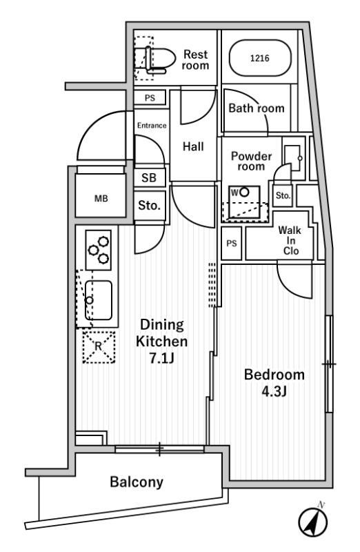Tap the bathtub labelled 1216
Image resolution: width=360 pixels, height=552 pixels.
click(261, 58)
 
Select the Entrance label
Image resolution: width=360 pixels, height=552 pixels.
click(152, 126)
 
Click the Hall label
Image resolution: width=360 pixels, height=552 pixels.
click(193, 146)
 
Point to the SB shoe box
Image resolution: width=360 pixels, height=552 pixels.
click(149, 177)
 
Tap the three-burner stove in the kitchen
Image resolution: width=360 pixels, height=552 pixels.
click(99, 250)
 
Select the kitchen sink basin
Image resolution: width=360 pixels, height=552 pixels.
click(99, 300)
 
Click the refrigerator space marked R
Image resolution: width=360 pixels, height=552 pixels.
click(99, 347)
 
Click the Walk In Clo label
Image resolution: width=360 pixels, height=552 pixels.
click(290, 240)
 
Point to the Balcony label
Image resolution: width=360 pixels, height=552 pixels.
click(137, 482)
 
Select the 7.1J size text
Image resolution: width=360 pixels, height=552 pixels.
click(161, 358)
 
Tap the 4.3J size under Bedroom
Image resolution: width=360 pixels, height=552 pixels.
click(274, 391)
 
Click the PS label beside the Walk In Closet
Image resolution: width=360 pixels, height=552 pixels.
click(232, 244)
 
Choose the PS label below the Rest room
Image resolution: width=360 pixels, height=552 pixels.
click(150, 98)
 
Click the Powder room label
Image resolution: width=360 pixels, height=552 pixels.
click(251, 161)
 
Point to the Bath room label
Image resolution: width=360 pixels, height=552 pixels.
click(257, 108)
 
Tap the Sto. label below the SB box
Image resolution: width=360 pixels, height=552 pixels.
click(149, 205)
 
